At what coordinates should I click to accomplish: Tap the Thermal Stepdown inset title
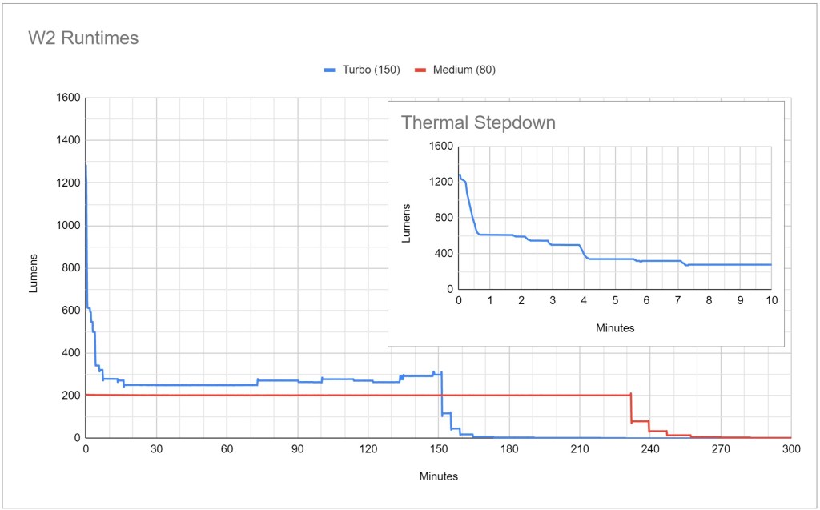pyautogui.click(x=478, y=122)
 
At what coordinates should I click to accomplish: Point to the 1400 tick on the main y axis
pyautogui.click(x=67, y=140)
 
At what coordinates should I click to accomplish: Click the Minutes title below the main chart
pyautogui.click(x=438, y=476)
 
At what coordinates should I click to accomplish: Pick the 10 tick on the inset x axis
pyautogui.click(x=771, y=300)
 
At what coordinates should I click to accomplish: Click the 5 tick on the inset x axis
pyautogui.click(x=615, y=300)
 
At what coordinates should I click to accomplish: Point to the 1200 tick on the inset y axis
pyautogui.click(x=441, y=182)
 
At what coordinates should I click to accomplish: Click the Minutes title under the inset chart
pyautogui.click(x=615, y=327)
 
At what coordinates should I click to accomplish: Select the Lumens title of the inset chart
pyautogui.click(x=406, y=218)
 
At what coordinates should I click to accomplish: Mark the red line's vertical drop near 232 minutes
pyautogui.click(x=631, y=408)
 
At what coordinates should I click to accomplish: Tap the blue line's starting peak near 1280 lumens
pyautogui.click(x=86, y=166)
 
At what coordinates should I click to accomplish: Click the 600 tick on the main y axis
pyautogui.click(x=70, y=311)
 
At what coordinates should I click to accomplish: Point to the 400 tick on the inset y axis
pyautogui.click(x=444, y=253)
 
